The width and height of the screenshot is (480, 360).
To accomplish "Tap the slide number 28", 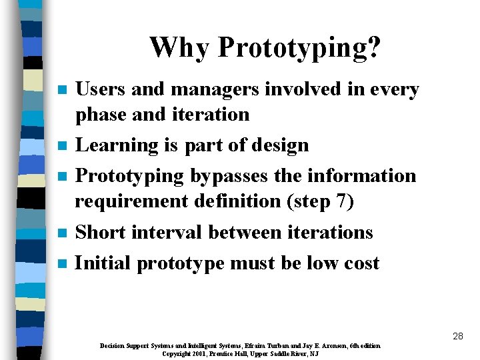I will [457, 336].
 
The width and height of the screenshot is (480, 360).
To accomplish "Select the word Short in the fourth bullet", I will [101, 232].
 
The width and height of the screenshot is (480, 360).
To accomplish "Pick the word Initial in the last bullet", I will [103, 263].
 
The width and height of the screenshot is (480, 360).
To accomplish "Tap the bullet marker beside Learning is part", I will [63, 146].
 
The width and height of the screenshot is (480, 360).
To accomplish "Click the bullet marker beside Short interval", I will [63, 233].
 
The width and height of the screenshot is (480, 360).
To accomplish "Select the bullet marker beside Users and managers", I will [63, 90].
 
